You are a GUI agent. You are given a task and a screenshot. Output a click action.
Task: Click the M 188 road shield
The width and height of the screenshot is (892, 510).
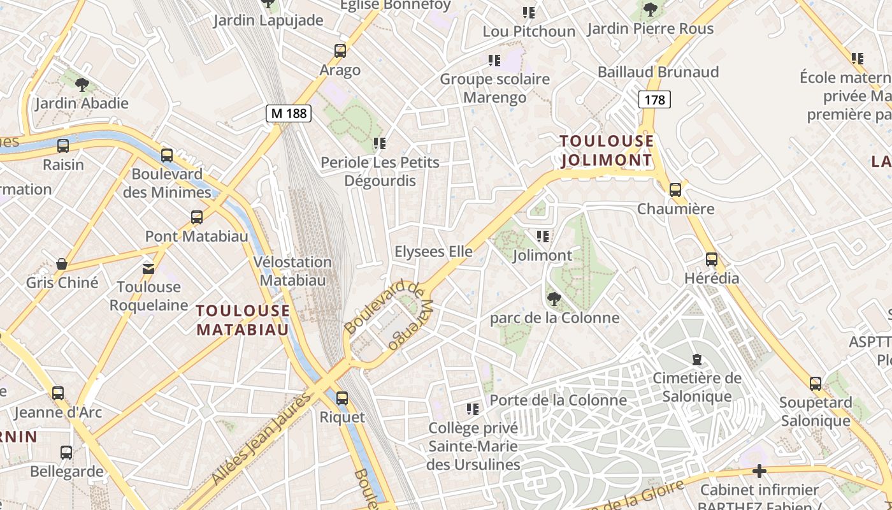289,113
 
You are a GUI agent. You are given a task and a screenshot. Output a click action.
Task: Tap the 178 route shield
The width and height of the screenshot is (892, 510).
654,99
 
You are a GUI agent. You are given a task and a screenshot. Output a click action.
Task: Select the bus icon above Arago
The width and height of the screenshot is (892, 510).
340,51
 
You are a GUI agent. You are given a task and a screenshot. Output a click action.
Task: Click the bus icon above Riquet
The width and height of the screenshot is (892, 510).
342,398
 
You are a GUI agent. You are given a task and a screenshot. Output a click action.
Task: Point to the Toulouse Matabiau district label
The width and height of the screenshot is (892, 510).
243,320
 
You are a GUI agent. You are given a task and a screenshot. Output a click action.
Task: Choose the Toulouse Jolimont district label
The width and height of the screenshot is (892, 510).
607,150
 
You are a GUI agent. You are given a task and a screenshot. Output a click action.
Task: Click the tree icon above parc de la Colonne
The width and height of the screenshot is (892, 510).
554,298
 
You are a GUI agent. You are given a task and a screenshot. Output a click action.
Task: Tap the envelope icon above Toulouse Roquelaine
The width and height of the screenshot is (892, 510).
148,268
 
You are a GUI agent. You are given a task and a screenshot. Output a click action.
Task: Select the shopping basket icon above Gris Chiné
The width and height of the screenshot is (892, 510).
62,264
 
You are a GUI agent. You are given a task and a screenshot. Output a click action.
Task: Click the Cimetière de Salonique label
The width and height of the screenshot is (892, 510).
697,387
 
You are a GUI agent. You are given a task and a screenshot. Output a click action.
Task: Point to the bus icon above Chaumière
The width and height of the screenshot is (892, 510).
675,189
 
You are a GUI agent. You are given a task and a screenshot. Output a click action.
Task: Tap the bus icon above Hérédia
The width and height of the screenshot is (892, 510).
712,259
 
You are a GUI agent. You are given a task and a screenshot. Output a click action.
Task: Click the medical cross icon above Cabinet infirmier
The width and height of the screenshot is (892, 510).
759,471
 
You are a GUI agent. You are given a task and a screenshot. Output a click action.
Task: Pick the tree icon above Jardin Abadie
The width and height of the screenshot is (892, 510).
82,84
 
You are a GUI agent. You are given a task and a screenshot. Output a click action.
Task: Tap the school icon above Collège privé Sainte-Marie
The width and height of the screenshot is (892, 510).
472,409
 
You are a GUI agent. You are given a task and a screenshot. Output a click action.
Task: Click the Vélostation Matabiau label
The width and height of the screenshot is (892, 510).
292,271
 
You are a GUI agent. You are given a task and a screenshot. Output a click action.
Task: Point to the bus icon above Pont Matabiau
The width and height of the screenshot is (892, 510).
197,217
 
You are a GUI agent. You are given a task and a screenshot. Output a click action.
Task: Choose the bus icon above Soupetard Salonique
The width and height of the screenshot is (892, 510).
816,384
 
